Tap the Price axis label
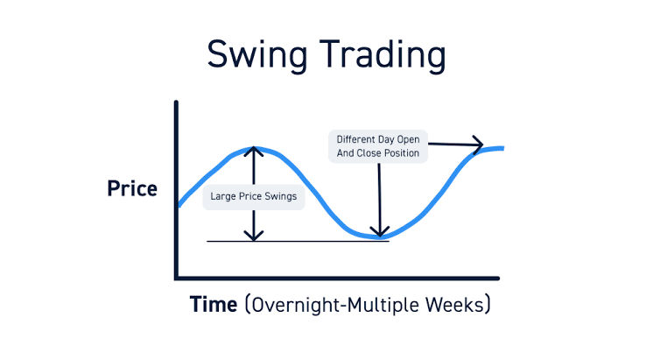click(132, 188)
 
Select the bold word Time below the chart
click(214, 305)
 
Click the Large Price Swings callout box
click(253, 197)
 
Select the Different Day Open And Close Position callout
click(378, 146)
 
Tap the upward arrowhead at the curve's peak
click(254, 151)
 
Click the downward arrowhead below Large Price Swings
click(254, 236)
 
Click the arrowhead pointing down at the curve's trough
click(379, 231)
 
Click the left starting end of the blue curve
click(179, 206)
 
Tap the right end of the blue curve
click(502, 148)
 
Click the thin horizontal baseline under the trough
click(298, 241)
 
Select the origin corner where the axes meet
click(177, 278)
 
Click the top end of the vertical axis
click(177, 103)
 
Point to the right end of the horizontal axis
click(497, 278)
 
